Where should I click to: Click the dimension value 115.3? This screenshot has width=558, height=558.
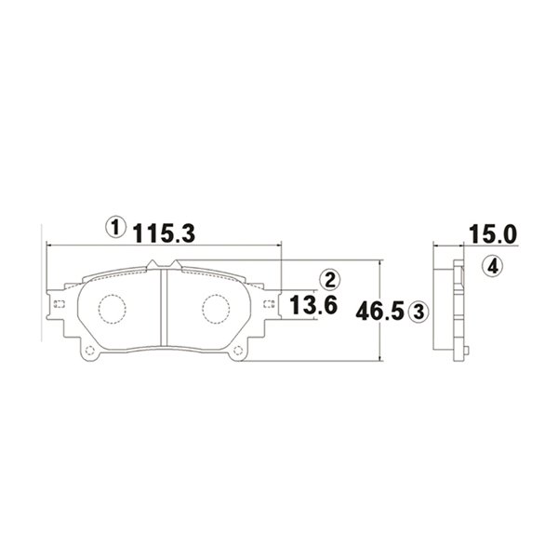click(x=165, y=232)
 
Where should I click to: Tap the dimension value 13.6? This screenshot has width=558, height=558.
click(x=313, y=305)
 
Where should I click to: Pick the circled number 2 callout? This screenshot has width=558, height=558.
click(x=330, y=280)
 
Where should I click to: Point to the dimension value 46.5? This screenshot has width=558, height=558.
click(x=380, y=311)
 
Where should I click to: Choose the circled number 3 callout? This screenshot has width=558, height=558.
click(x=418, y=312)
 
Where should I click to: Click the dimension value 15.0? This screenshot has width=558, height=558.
click(x=493, y=234)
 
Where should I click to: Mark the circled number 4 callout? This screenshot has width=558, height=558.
click(x=493, y=266)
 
